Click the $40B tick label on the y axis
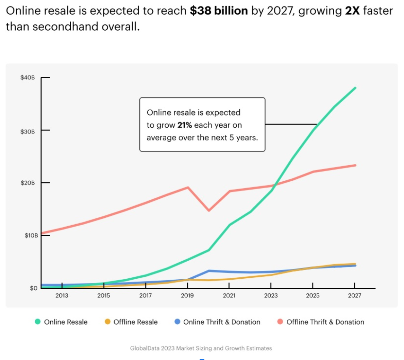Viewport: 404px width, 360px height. pos(28,78)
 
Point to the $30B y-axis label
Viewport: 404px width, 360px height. pos(28,132)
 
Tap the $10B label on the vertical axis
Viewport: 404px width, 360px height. pos(31,235)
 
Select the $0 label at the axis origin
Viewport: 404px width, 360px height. pos(34,288)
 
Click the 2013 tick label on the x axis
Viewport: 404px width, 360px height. pos(62,296)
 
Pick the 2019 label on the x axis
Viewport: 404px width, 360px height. pos(187,296)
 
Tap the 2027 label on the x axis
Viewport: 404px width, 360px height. pos(354,296)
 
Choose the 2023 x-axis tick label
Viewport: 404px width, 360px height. pos(271,296)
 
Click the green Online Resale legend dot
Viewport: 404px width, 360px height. pos(38,322)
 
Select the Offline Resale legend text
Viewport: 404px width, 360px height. pos(135,322)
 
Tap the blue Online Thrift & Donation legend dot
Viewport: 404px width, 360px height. pos(177,322)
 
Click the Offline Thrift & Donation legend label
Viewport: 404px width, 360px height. pos(325,322)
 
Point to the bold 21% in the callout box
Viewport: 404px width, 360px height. pos(185,125)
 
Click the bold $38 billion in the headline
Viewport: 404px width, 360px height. pos(219,11)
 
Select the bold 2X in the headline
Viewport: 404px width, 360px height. pos(352,11)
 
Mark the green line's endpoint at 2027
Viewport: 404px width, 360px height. pos(355,88)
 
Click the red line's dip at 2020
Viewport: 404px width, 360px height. pos(208,211)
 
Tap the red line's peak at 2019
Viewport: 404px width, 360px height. pos(188,187)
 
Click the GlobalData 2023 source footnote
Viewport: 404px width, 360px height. pos(201,348)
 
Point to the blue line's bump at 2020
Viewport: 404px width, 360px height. pos(208,271)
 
